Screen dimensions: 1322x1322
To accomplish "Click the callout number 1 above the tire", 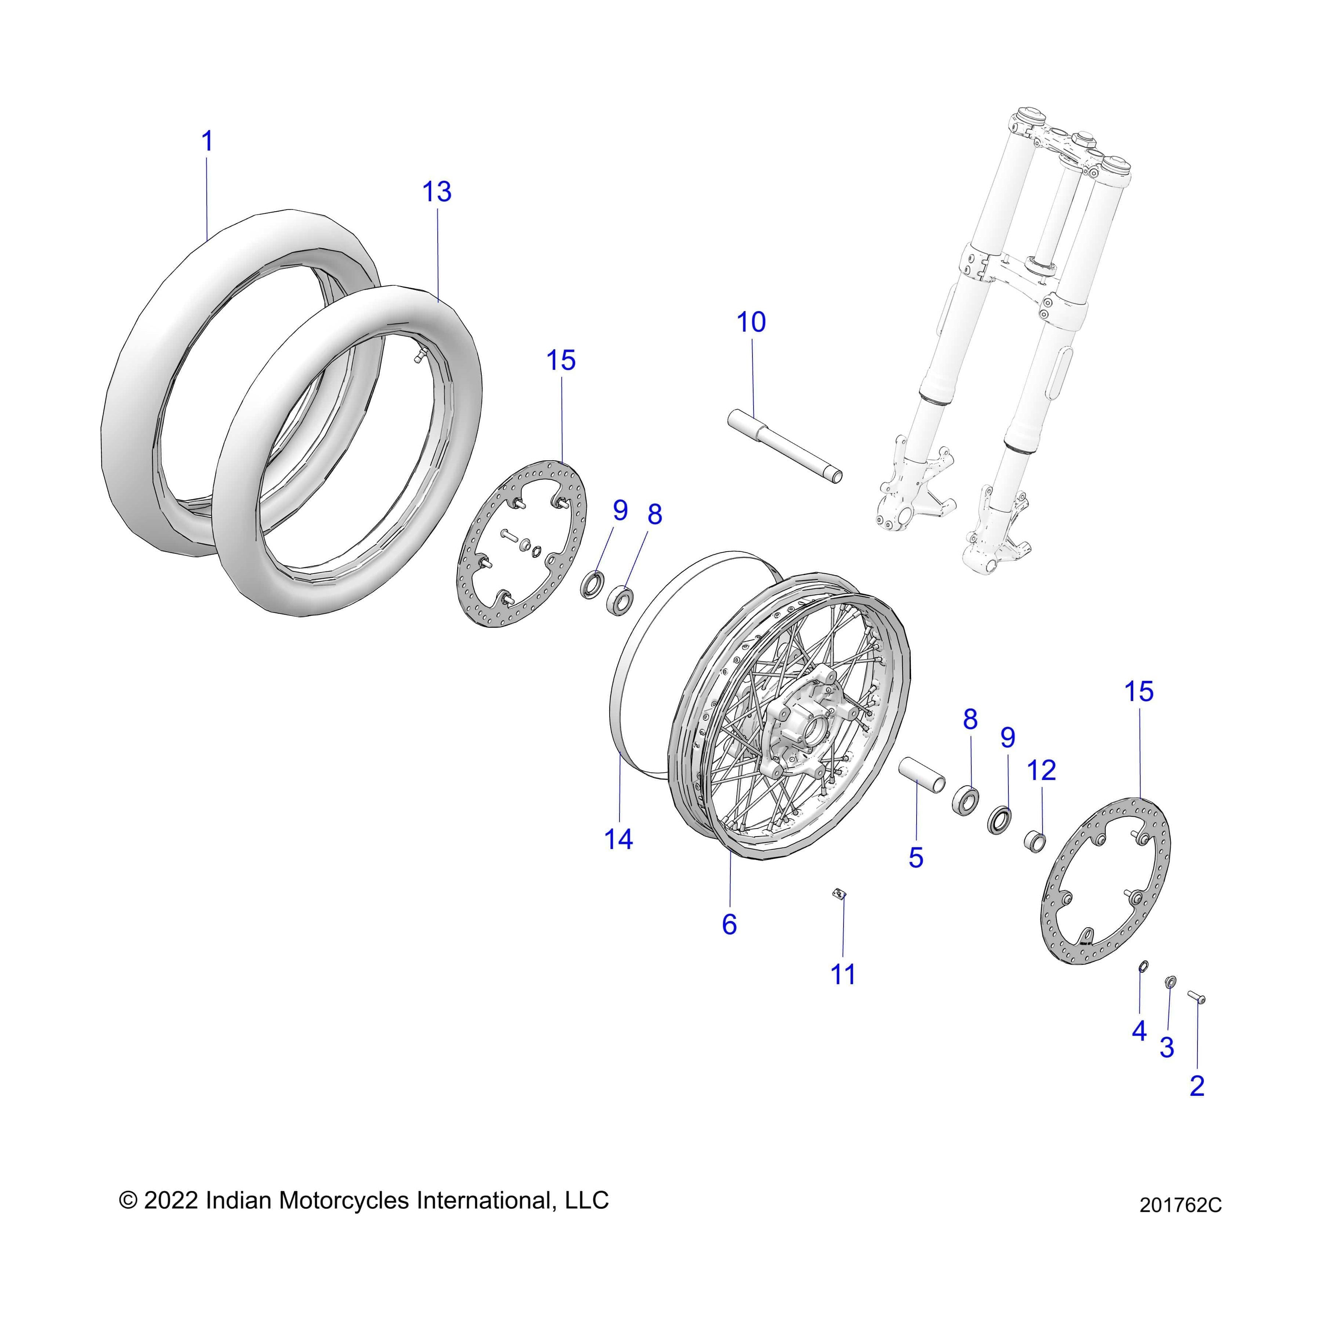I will click(x=207, y=142).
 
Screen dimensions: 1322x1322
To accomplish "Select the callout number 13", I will click(x=437, y=192).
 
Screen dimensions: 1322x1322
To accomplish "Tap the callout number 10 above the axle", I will click(x=751, y=322).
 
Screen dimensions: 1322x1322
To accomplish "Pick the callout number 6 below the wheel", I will click(x=729, y=924).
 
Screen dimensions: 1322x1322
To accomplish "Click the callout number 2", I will click(x=1197, y=1086).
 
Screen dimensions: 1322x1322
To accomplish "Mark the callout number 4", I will click(x=1139, y=1030).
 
